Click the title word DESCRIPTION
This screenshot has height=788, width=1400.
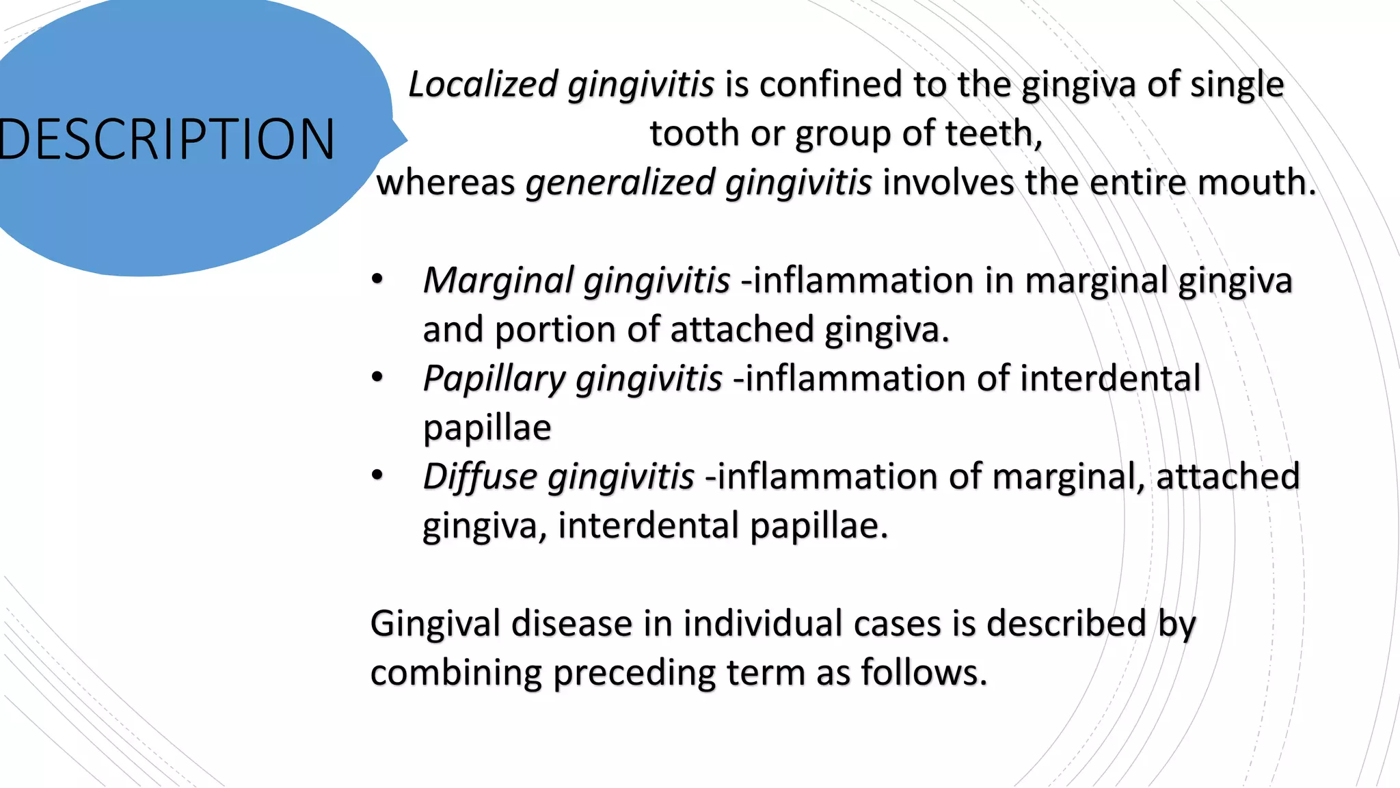[167, 140]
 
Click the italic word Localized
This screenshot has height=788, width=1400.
[483, 85]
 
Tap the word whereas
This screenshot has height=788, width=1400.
[446, 183]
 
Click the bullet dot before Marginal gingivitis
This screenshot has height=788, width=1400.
[377, 279]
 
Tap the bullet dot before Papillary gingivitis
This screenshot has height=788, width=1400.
[377, 377]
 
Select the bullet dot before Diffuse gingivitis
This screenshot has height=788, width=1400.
[377, 475]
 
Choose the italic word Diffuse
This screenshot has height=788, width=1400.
[480, 477]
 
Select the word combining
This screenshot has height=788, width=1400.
[456, 674]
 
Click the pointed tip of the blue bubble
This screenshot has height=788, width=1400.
[407, 140]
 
